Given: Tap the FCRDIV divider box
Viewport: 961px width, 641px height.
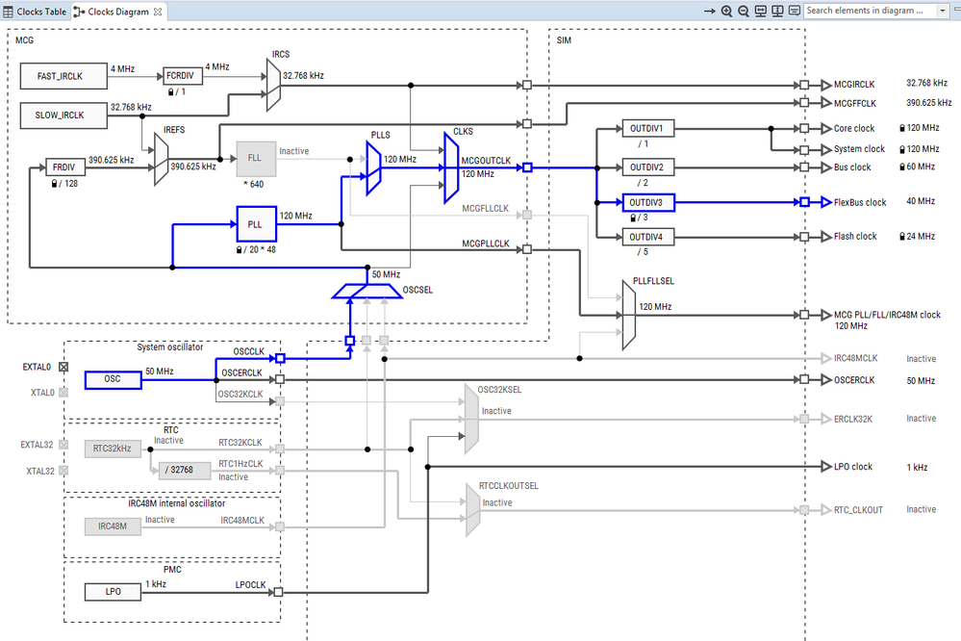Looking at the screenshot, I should pos(183,75).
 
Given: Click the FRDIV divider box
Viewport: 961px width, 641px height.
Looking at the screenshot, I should pos(65,166).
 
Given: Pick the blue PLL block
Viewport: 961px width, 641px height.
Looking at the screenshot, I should pos(255,223).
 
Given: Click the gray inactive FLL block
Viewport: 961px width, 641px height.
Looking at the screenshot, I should pos(255,157).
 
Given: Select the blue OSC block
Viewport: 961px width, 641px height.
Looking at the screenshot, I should pos(113,379).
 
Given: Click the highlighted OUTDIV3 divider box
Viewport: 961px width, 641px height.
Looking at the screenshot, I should pos(648,202).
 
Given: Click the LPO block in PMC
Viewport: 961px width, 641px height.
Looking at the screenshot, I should pos(113,591).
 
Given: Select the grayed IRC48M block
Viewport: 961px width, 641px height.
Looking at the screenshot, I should pos(113,526).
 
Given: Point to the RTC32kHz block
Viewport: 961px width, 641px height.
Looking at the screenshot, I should pos(113,448).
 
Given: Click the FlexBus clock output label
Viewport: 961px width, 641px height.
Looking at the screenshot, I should pos(860,202).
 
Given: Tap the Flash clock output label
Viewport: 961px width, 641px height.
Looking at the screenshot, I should pos(855,237).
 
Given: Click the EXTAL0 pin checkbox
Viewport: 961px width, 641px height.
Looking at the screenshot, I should pos(63,367).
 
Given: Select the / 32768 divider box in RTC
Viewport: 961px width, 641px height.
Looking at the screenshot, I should pos(180,469).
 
